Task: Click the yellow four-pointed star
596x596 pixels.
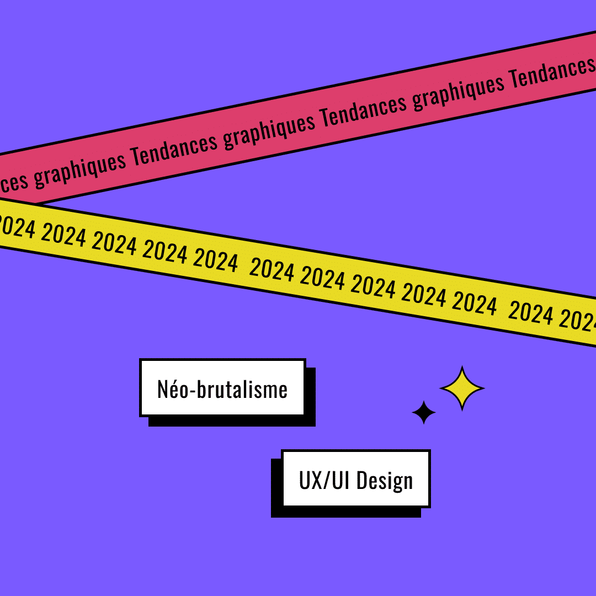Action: tap(462, 389)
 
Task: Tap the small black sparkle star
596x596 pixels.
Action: tap(424, 412)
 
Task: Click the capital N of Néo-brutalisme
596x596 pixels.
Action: tap(163, 389)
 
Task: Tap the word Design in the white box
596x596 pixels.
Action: tap(384, 481)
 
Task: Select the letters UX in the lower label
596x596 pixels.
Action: tap(310, 480)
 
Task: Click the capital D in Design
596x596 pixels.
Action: tap(362, 480)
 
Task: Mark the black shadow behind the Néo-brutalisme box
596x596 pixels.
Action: tap(232, 422)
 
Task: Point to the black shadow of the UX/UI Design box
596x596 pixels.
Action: tap(276, 491)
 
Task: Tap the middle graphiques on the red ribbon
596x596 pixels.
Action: tap(269, 129)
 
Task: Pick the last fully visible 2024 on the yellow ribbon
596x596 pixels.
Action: tap(530, 313)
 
